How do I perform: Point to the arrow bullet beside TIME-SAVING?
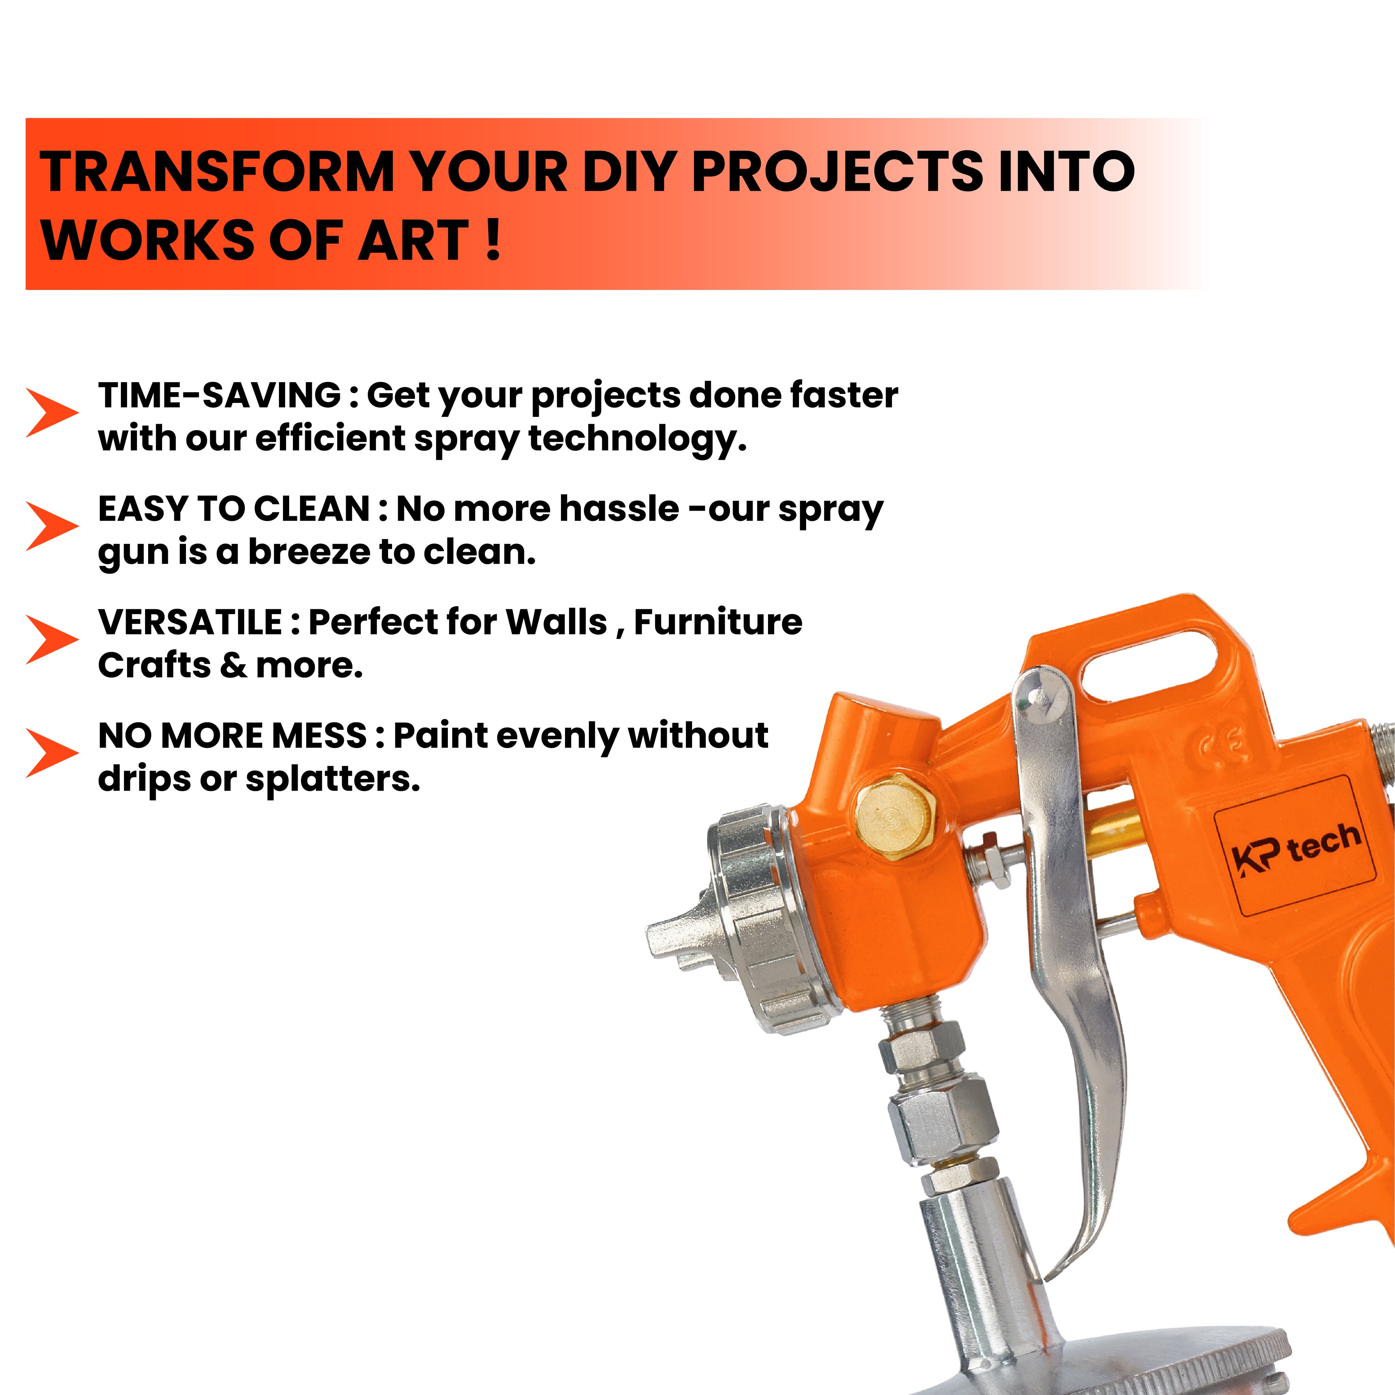(52, 412)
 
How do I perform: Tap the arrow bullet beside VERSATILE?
(52, 639)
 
